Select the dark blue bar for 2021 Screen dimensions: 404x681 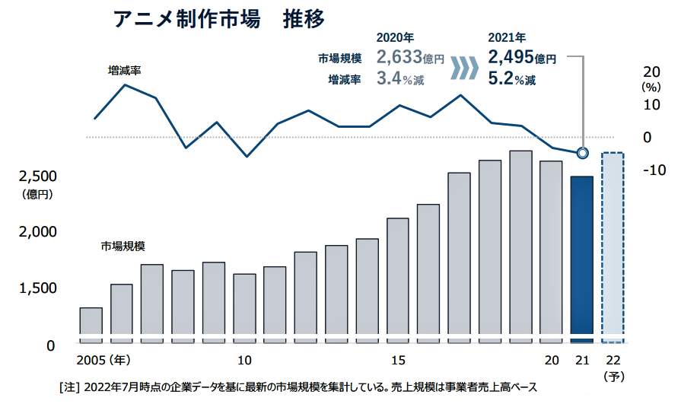click(x=581, y=259)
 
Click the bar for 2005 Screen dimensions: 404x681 click(x=91, y=323)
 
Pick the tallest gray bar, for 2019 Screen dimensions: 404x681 click(x=520, y=243)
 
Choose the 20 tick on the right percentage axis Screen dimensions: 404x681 click(x=651, y=71)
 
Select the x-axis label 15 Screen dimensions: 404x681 click(x=397, y=360)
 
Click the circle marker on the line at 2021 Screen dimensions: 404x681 click(x=582, y=153)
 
